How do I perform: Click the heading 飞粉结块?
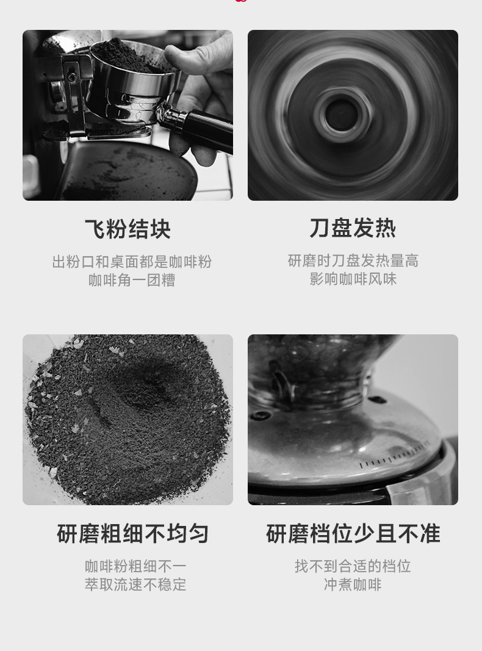(x=128, y=229)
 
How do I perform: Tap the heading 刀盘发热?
(x=353, y=228)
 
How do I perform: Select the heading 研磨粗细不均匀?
(x=132, y=533)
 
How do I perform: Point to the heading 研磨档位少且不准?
(x=353, y=533)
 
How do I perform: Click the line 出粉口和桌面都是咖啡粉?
(x=132, y=262)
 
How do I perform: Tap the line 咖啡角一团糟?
(x=132, y=280)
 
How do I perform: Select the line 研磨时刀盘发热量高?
(x=353, y=261)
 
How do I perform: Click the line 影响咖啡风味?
(x=353, y=279)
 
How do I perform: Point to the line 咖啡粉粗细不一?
(x=135, y=566)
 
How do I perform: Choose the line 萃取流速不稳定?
(x=135, y=584)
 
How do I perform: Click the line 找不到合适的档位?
(x=353, y=566)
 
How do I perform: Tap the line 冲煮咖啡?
(x=353, y=584)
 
